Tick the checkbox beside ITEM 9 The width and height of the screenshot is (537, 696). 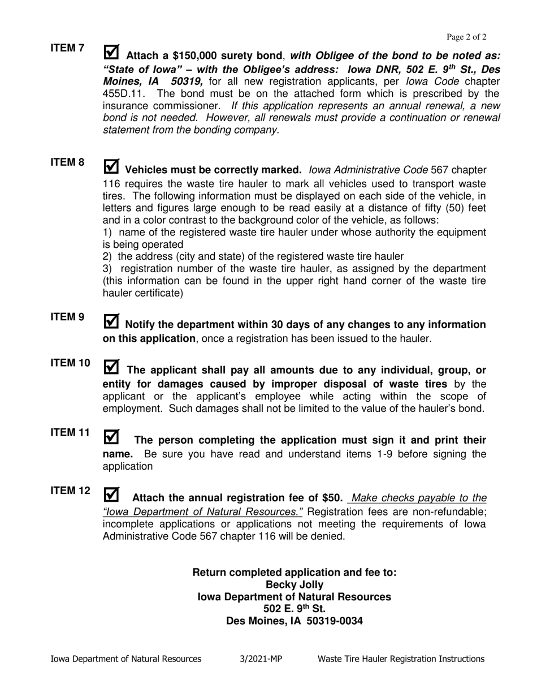112,321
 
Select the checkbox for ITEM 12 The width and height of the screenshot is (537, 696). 112,495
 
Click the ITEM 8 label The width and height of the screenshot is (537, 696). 67,163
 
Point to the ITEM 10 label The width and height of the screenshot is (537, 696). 70,363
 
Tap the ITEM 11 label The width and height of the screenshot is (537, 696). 70,432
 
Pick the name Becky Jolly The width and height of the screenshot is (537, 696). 295,585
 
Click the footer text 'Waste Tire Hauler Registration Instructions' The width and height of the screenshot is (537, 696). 401,659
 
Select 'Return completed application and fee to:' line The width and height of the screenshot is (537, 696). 295,572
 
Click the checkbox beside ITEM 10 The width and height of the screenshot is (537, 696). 112,367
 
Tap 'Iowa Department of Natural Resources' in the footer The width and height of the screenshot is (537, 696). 125,659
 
